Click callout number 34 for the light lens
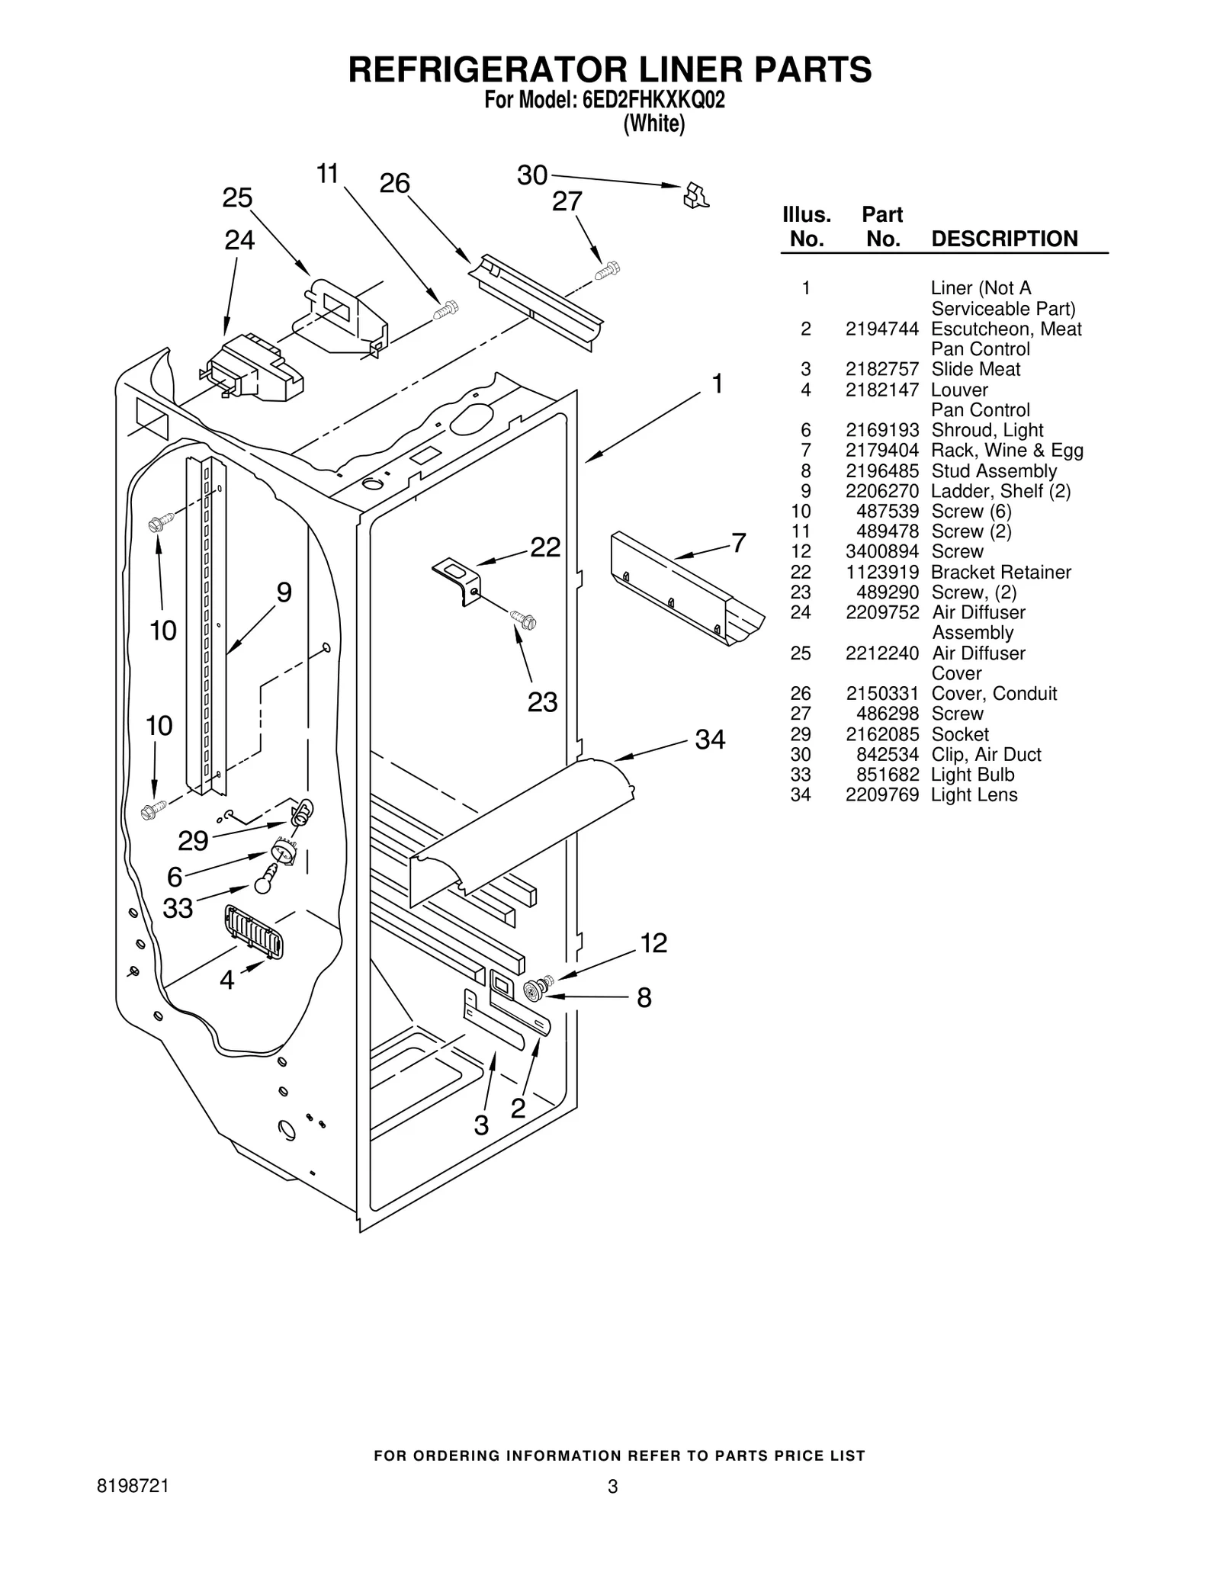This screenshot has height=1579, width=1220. pyautogui.click(x=709, y=739)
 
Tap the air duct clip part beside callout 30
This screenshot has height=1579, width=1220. pyautogui.click(x=695, y=195)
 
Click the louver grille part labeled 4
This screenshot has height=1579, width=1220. pyautogui.click(x=254, y=932)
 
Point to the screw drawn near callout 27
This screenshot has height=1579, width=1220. pyautogui.click(x=608, y=270)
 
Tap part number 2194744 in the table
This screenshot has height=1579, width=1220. pyautogui.click(x=881, y=329)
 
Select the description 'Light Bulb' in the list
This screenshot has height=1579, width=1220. pyautogui.click(x=972, y=775)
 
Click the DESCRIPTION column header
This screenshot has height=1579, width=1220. pyautogui.click(x=1004, y=239)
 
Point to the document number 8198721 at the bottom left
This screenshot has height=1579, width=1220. pyautogui.click(x=133, y=1486)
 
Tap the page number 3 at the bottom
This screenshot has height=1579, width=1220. pyautogui.click(x=612, y=1486)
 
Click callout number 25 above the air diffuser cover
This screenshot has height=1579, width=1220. pyautogui.click(x=237, y=198)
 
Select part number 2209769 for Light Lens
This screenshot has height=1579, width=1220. pyautogui.click(x=881, y=795)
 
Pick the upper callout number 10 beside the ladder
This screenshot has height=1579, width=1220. pyautogui.click(x=163, y=631)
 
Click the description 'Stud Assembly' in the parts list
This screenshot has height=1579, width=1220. pyautogui.click(x=994, y=471)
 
